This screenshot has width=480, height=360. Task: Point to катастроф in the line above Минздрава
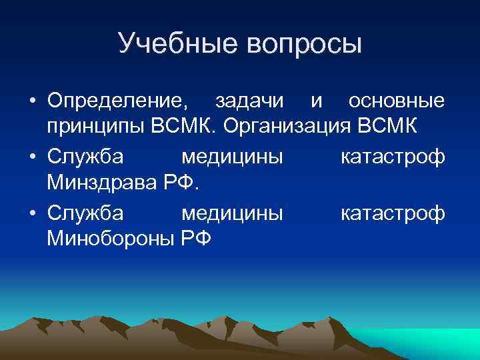tap(393, 157)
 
